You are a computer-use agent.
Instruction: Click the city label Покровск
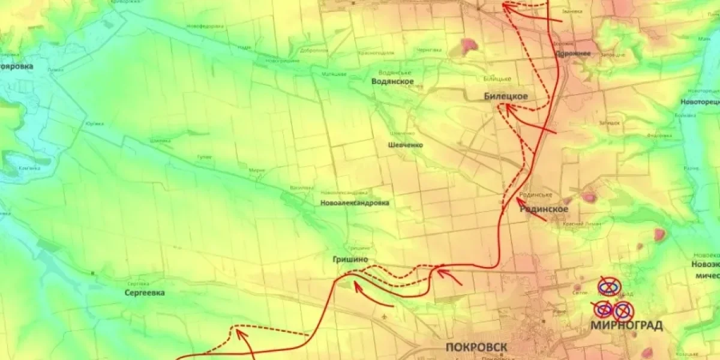(x=476, y=347)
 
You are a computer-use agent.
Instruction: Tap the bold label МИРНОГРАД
(x=626, y=326)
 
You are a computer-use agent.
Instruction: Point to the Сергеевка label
(x=145, y=293)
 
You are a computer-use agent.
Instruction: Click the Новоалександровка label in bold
(x=355, y=203)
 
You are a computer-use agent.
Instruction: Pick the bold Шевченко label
(x=406, y=145)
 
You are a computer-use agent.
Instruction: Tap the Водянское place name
(x=393, y=81)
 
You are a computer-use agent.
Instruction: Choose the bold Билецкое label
(x=506, y=97)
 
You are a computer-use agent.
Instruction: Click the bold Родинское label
(x=543, y=209)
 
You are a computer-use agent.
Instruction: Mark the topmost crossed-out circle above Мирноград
(x=609, y=287)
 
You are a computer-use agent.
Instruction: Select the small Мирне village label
(x=257, y=170)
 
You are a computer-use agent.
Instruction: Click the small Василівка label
(x=301, y=187)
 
